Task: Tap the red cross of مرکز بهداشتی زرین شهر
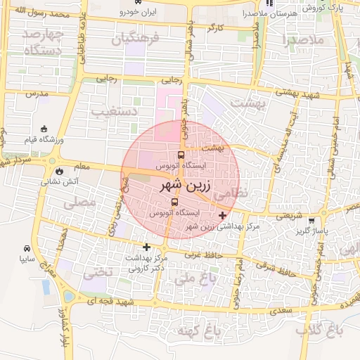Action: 223,215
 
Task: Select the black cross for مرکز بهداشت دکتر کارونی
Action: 146,247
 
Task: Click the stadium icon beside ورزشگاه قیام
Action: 45,129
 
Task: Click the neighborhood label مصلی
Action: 79,203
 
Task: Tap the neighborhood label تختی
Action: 98,273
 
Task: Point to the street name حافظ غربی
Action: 202,257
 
